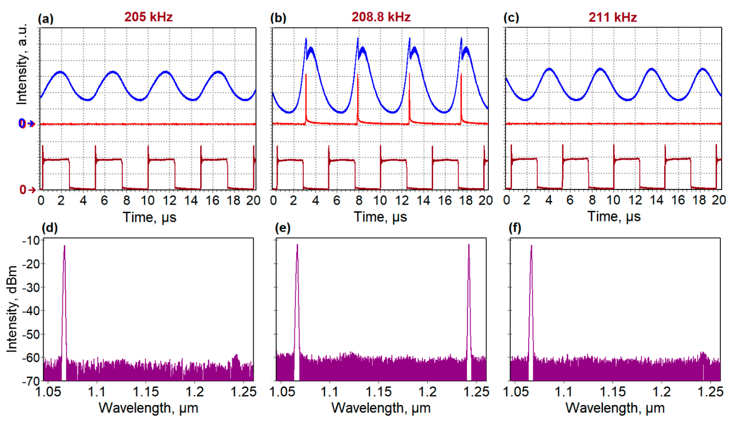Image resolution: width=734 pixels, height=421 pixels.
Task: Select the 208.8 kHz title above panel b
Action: [x=381, y=17]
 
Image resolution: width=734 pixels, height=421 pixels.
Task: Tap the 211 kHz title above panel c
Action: [x=613, y=17]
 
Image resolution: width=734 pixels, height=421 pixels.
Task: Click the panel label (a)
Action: [x=46, y=19]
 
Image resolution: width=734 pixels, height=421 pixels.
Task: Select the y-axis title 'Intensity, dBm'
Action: [x=12, y=309]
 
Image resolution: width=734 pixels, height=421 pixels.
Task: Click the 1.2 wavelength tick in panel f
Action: [x=661, y=392]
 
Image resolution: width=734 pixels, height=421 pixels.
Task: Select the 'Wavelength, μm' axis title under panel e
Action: [x=381, y=408]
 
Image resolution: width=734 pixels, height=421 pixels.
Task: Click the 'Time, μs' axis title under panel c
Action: [x=614, y=217]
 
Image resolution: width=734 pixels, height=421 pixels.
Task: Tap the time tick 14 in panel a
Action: [x=191, y=200]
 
